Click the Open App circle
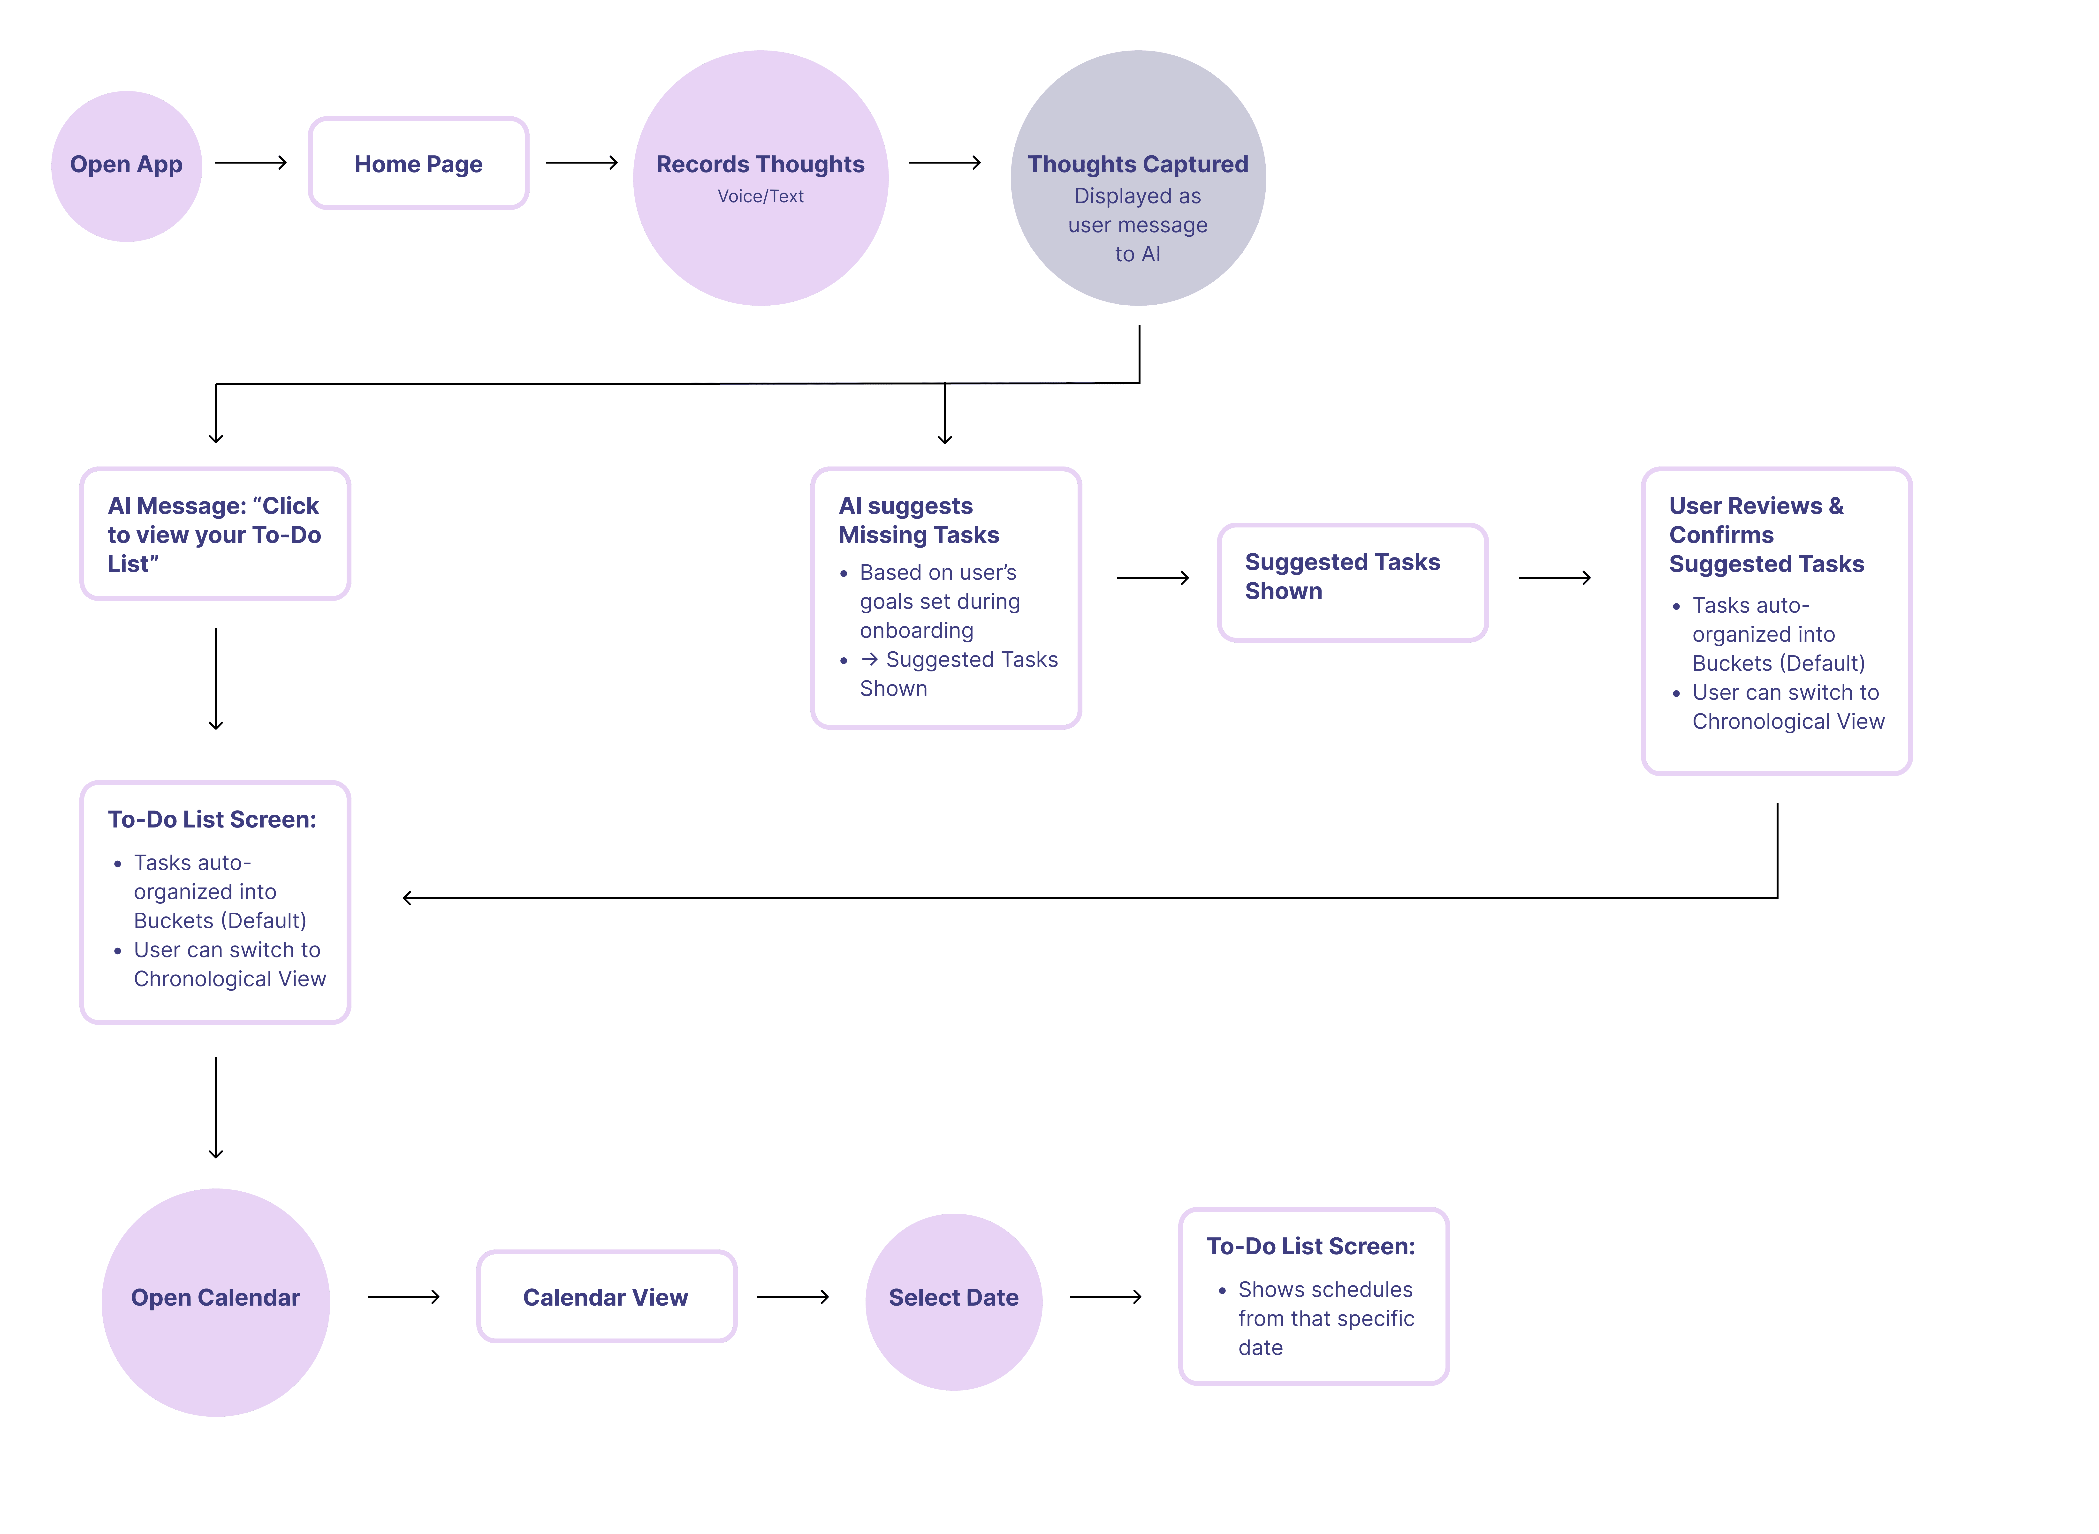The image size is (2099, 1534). tap(126, 166)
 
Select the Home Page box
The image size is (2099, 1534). tap(419, 163)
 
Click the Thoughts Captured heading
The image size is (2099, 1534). tap(1138, 164)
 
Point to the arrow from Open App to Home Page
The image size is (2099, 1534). tap(251, 163)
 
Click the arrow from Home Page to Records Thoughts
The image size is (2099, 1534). tap(581, 163)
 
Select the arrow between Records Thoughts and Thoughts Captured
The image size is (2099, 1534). tap(944, 163)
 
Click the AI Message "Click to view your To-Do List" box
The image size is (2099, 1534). tap(215, 534)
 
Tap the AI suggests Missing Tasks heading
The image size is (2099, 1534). tap(919, 520)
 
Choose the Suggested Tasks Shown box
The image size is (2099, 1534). tap(1352, 582)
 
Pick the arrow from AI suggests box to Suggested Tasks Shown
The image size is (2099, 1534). tap(1153, 578)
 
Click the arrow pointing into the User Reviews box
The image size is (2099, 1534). tap(1555, 578)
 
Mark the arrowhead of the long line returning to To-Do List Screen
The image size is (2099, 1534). tap(407, 898)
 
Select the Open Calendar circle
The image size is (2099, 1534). tap(215, 1302)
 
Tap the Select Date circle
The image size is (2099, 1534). tap(954, 1301)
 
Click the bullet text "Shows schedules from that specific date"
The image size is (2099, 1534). tap(1325, 1319)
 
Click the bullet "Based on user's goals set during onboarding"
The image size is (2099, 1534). tap(939, 602)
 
